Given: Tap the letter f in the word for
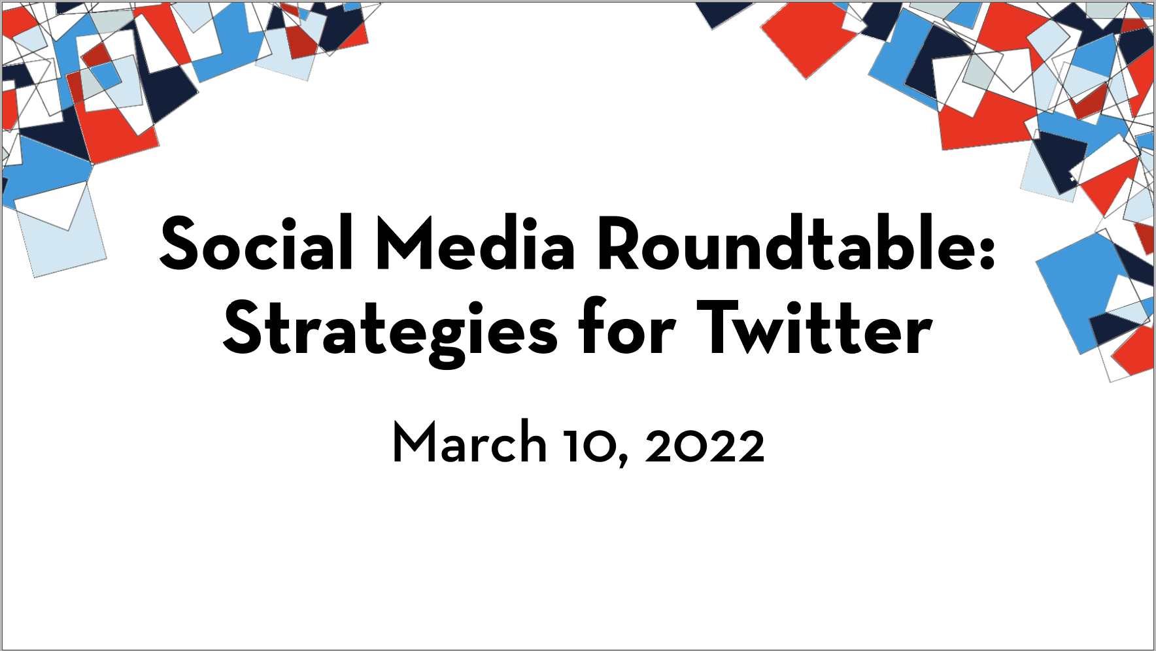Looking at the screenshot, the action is (x=591, y=325).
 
